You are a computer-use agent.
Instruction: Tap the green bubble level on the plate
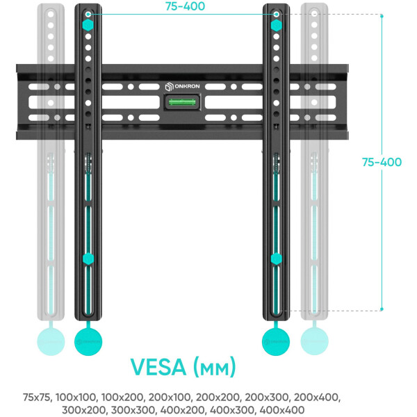(182, 104)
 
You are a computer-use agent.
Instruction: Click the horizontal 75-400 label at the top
(183, 6)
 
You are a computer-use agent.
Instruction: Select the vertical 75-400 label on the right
(382, 162)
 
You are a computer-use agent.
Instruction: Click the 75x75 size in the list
(37, 398)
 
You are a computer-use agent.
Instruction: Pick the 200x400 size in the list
(318, 398)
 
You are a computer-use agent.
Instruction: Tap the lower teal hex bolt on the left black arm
(88, 259)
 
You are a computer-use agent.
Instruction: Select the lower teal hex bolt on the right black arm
(276, 259)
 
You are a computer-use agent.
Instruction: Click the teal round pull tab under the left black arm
(88, 341)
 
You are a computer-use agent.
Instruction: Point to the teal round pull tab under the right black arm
(276, 341)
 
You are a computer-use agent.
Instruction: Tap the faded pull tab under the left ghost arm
(51, 341)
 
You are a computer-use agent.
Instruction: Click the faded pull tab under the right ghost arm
(313, 341)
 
